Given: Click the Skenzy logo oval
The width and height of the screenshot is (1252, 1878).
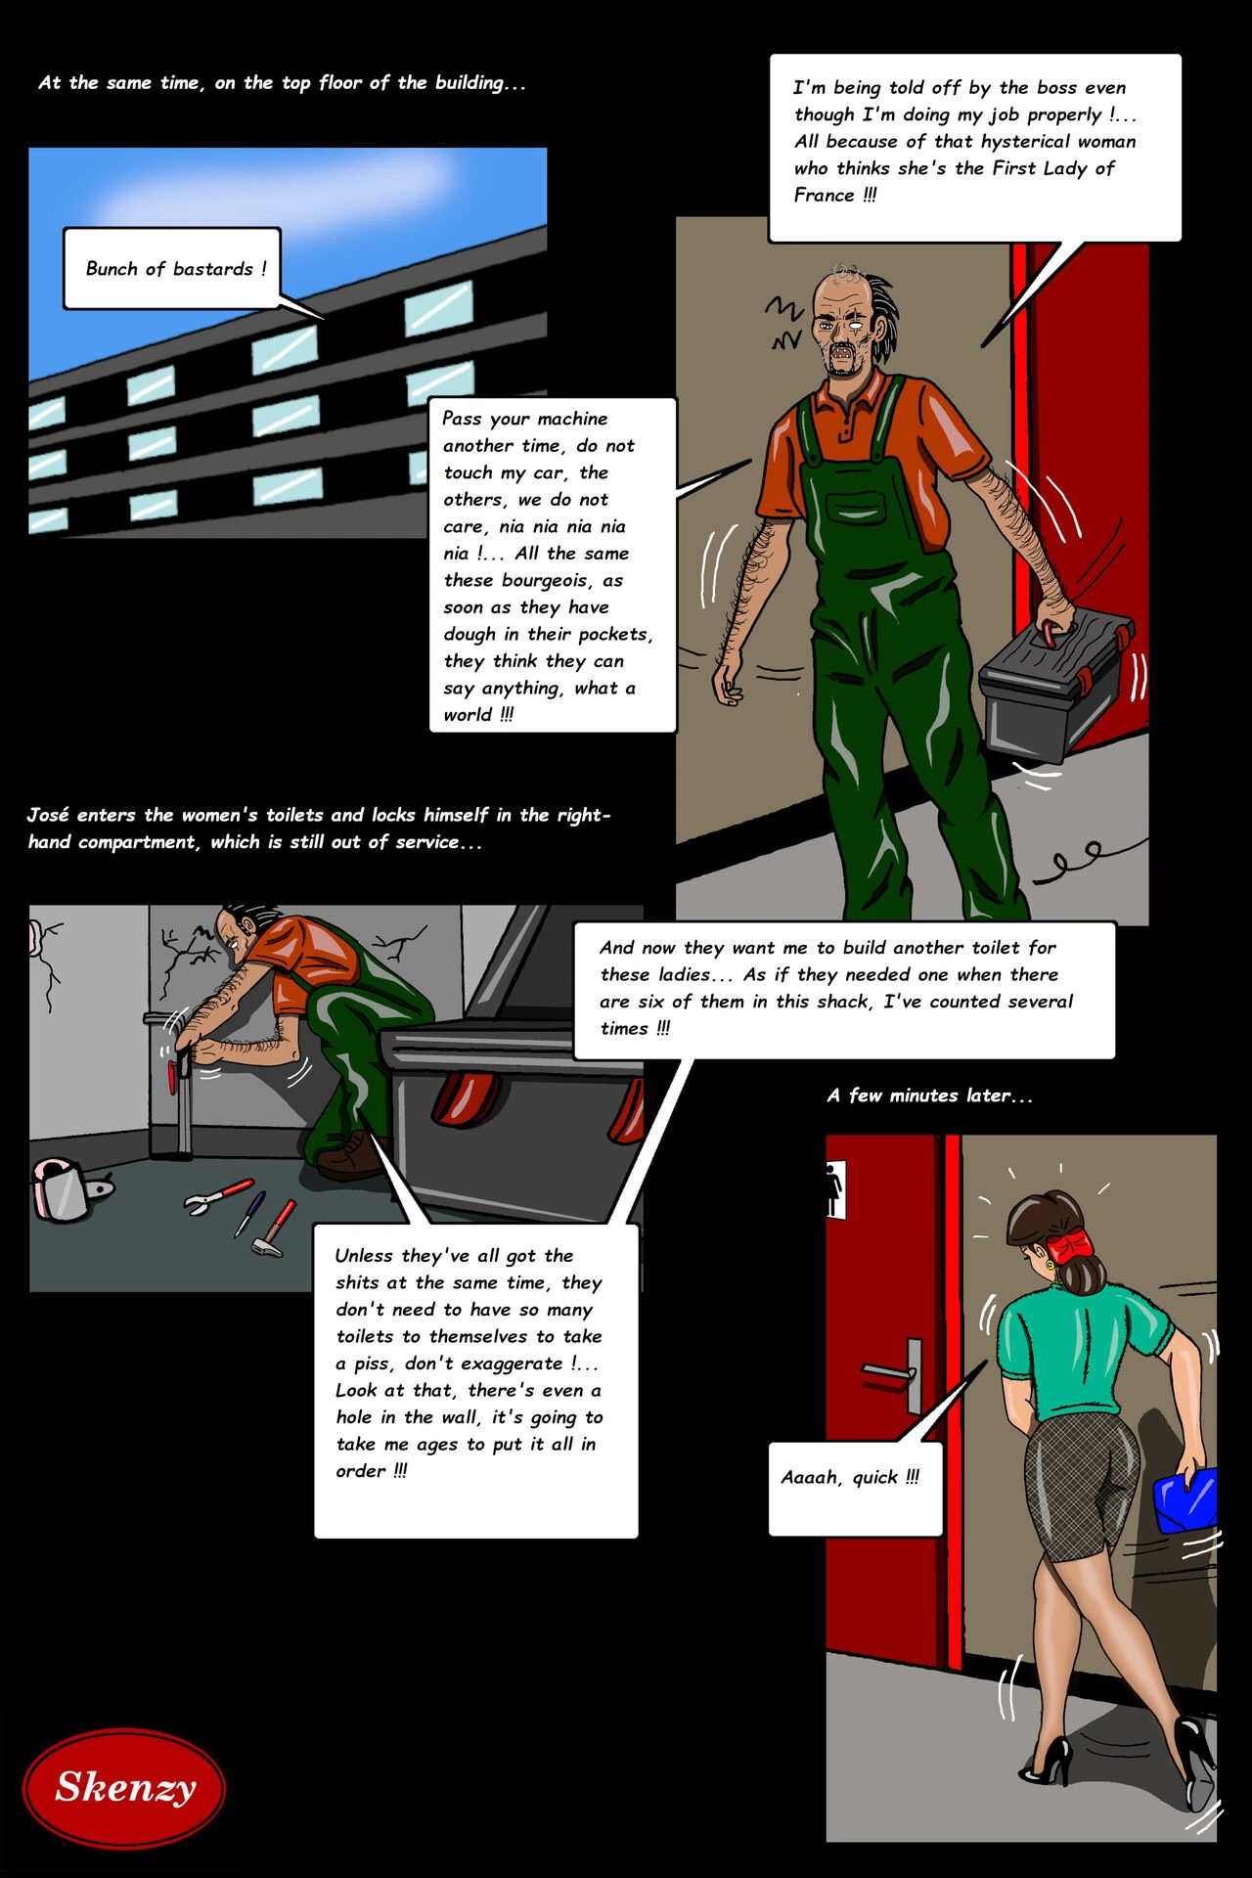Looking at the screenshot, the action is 124,1787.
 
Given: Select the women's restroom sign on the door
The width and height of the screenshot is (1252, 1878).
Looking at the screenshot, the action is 835,1189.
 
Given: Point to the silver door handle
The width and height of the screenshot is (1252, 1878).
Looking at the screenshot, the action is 892,1373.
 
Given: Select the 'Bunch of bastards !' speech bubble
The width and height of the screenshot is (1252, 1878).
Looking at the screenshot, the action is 172,268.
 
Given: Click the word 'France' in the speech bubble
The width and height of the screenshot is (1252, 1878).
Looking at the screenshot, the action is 824,195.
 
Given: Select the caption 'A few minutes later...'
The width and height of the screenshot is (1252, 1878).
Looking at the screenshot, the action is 929,1095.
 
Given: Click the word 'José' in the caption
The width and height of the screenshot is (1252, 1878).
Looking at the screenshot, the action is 48,815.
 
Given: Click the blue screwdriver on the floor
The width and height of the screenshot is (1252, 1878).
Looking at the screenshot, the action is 249,1212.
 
